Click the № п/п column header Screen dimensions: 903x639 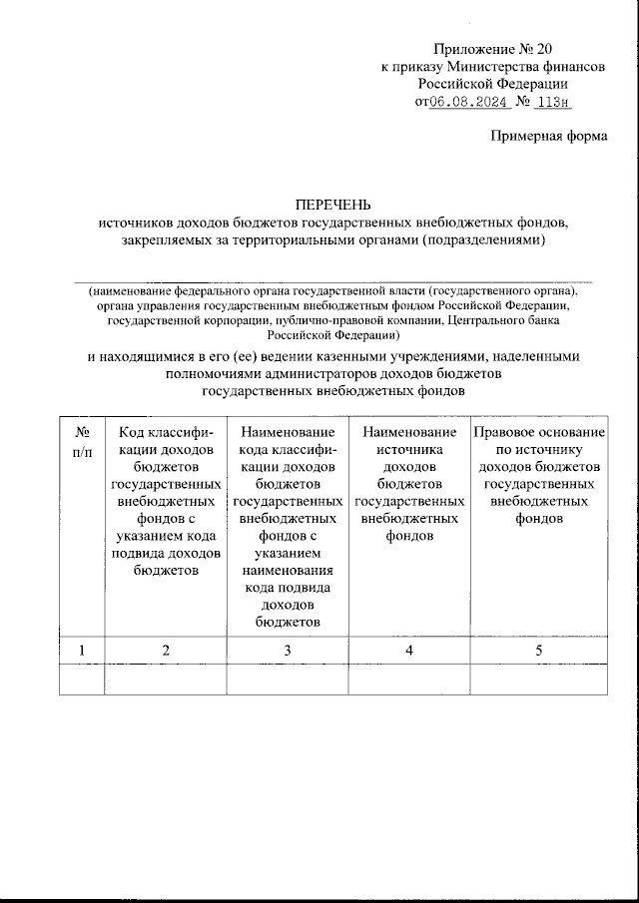(83, 442)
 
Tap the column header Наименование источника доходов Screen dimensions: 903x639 (409, 484)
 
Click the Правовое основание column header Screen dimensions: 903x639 (539, 475)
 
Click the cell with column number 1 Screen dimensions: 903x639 (83, 651)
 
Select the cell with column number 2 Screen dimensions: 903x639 (166, 651)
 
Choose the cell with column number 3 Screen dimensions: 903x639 (288, 651)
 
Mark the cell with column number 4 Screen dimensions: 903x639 (409, 651)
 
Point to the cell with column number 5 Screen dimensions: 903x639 (539, 651)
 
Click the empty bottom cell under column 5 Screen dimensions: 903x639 (539, 678)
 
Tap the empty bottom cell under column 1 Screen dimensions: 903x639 (83, 678)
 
